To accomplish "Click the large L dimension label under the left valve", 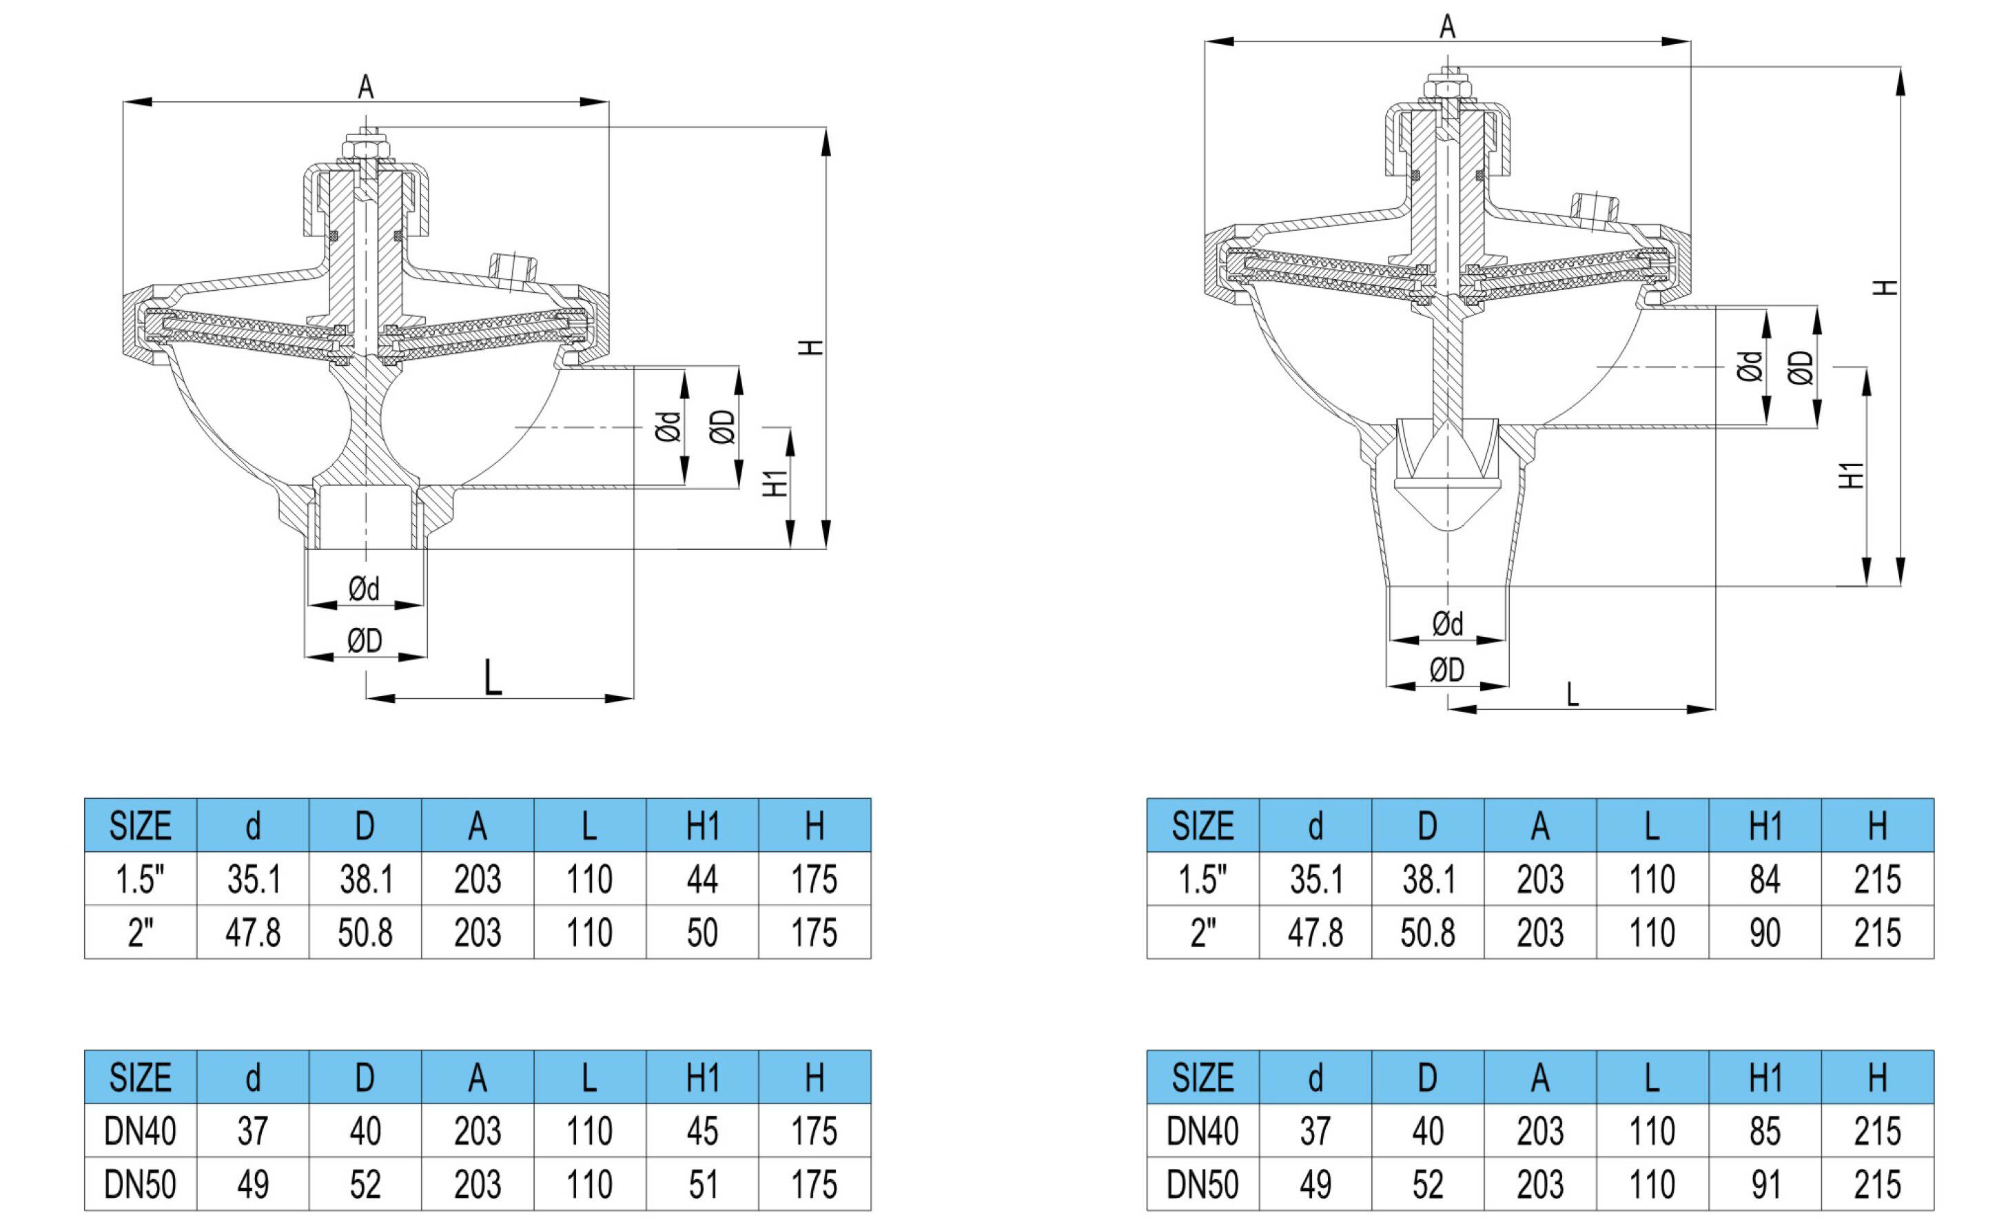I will coord(493,677).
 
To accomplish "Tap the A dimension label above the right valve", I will coord(1448,27).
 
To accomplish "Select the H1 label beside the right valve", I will coord(1851,475).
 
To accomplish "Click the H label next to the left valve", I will coord(810,347).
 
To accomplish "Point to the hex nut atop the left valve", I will coord(365,151).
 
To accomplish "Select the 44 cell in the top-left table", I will coord(702,879).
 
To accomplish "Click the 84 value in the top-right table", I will coord(1764,879).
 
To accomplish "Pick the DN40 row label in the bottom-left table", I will coord(140,1131).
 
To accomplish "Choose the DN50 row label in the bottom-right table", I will coord(1202,1184).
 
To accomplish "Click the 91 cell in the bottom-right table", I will coord(1764,1184).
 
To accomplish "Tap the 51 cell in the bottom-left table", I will coord(702,1184).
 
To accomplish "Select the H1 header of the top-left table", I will coord(702,826).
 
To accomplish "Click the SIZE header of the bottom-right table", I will coord(1202,1077).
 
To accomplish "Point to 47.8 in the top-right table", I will coord(1315,932).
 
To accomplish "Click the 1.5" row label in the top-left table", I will coord(140,879).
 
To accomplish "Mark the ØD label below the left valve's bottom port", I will coord(365,641).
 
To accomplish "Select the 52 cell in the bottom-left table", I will coord(365,1184).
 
